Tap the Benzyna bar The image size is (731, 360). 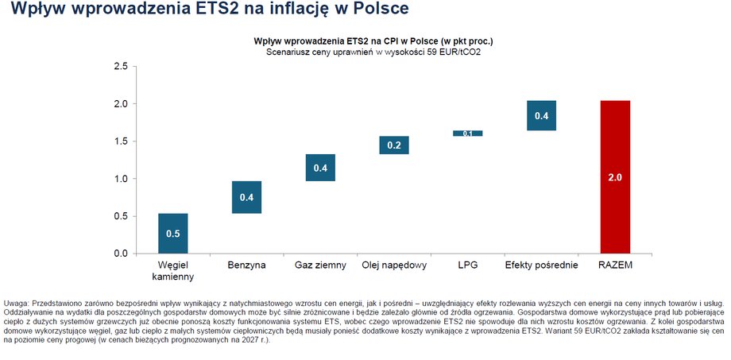coord(246,197)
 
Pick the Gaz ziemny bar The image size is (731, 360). coord(320,168)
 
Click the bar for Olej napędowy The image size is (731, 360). coord(394,145)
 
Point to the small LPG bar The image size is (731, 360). coord(468,134)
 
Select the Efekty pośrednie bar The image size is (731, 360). coord(542,115)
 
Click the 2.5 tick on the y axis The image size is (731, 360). coord(120,67)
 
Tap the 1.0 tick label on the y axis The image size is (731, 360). coord(120,179)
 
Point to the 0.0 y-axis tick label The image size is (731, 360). coord(120,254)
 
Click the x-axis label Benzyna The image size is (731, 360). coord(246,265)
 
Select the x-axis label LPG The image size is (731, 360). coord(468,265)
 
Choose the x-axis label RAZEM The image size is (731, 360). coord(616,265)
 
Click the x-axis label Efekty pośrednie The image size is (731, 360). coord(541,265)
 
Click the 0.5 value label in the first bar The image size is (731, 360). coord(173,234)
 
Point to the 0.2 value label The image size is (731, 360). coord(394,145)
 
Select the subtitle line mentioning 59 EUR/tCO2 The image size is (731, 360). coord(373,52)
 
